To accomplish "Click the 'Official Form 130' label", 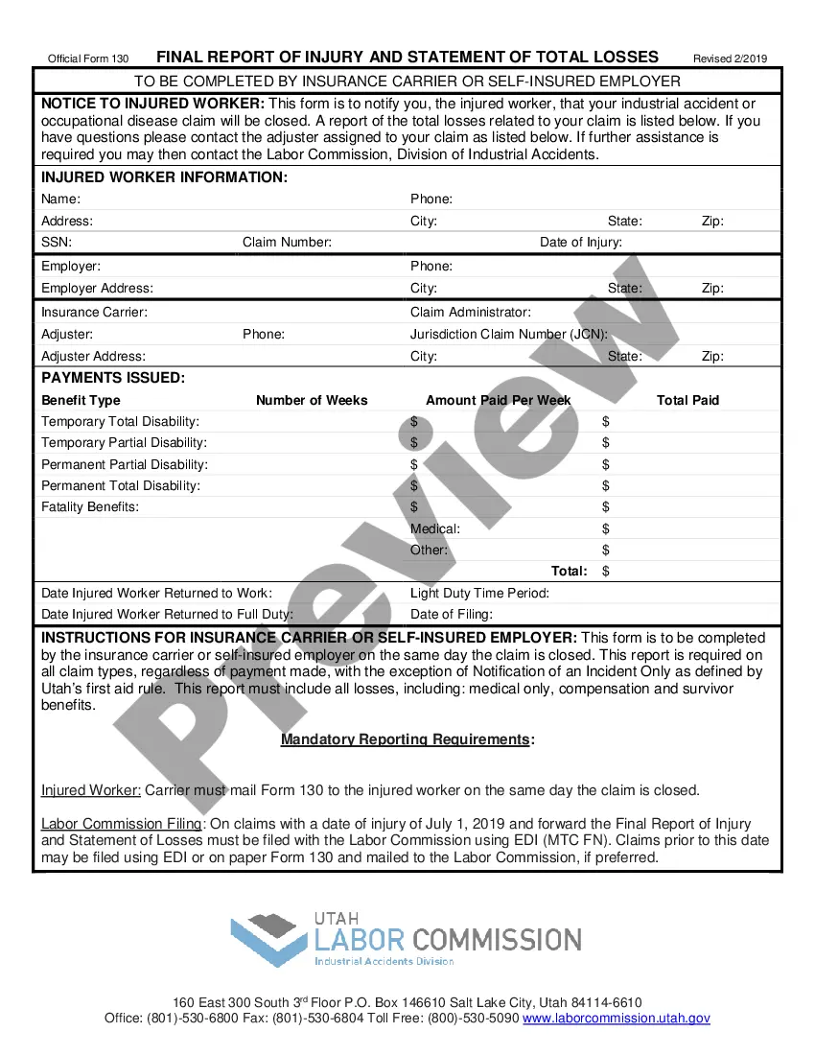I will coord(88,59).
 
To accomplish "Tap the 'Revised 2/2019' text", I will coord(731,59).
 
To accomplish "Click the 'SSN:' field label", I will coord(57,243).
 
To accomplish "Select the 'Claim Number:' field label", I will coord(287,243).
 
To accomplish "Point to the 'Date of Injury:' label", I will coord(581,243).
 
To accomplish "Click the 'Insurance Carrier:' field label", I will coord(94,312).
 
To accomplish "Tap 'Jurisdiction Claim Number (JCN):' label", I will coord(509,335).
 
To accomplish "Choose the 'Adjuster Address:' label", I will coord(94,356).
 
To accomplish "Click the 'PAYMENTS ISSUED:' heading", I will coord(113,378).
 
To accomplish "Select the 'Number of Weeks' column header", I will coord(312,400).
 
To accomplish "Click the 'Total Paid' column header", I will coord(687,400).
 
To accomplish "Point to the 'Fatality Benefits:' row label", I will coord(90,506).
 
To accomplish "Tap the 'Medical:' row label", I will coord(435,528).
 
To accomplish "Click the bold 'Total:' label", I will coord(570,571).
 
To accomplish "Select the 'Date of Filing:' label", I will coord(452,614).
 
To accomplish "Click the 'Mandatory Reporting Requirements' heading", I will coord(405,739).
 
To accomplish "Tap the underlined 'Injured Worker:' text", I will coord(91,790).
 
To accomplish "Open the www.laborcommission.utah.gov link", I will coord(617,1019).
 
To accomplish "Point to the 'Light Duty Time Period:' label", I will coord(479,593).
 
